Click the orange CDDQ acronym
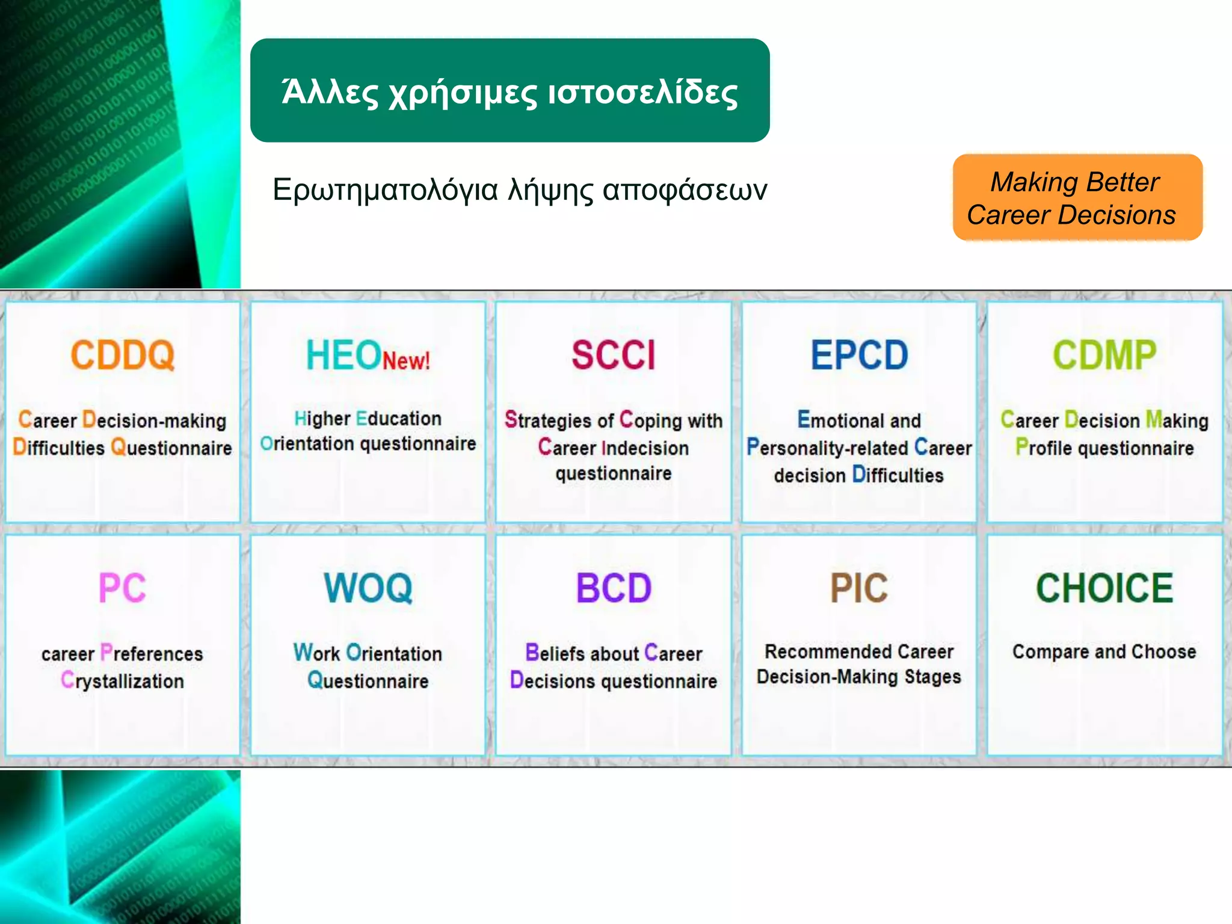click(x=123, y=355)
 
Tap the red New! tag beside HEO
click(x=406, y=361)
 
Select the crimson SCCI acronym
click(x=613, y=355)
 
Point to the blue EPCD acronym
click(x=859, y=355)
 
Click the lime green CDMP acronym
click(x=1104, y=355)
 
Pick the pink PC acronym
click(x=123, y=588)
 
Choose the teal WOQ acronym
click(x=368, y=588)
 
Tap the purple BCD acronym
click(x=614, y=588)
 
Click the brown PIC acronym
click(x=859, y=588)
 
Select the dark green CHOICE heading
click(x=1104, y=588)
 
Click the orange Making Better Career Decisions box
click(x=1077, y=198)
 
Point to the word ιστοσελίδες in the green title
click(x=642, y=93)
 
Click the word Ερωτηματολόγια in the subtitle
click(x=385, y=190)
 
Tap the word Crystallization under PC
click(x=123, y=681)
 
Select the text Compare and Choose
click(x=1104, y=651)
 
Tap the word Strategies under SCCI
click(x=547, y=420)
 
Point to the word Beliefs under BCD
click(x=555, y=653)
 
